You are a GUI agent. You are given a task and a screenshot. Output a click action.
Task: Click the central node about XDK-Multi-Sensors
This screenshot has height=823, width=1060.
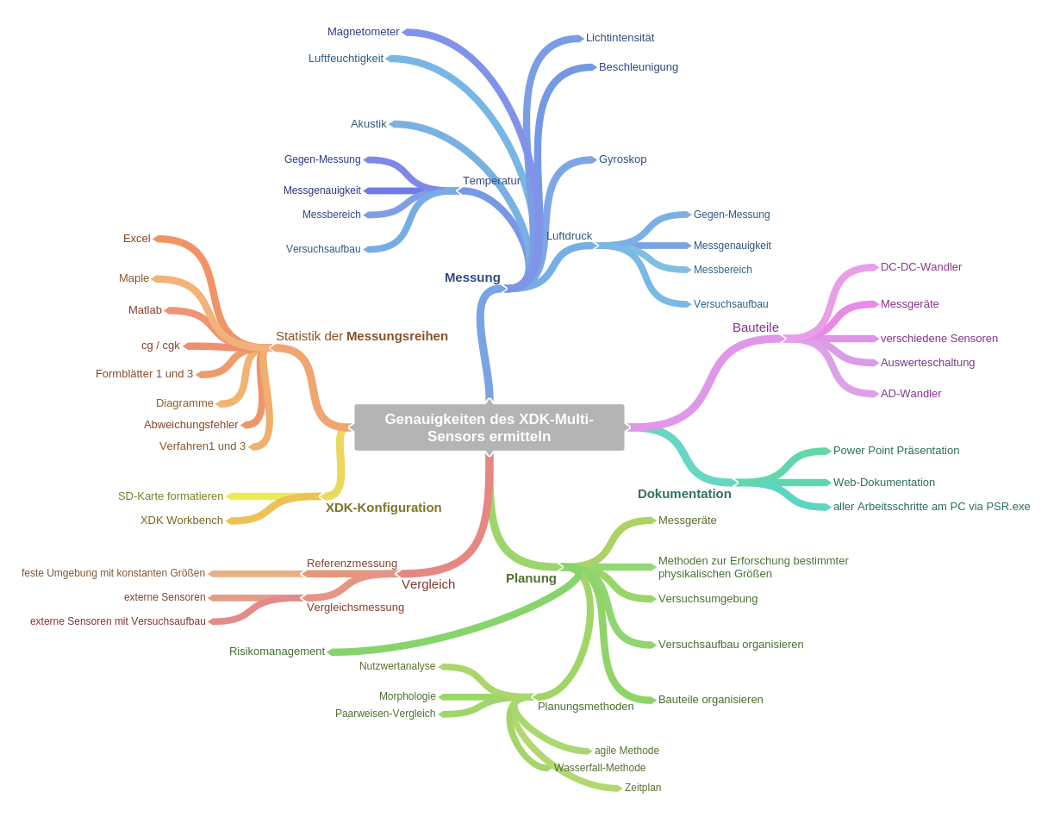(489, 427)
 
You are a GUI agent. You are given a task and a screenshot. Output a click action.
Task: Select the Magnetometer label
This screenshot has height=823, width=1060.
(363, 32)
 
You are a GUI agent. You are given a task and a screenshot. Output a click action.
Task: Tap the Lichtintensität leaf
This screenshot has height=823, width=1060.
(620, 38)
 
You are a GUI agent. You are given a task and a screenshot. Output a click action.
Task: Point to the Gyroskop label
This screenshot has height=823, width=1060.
(622, 159)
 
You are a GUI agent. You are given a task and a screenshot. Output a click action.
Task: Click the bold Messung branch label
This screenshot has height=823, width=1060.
(472, 277)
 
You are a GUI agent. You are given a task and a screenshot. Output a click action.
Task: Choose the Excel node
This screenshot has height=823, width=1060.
(136, 239)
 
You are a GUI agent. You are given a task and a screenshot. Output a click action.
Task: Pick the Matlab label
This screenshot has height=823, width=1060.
(145, 310)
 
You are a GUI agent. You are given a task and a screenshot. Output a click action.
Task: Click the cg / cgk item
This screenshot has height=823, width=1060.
(160, 346)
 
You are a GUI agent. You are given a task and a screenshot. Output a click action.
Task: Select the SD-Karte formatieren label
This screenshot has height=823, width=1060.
(171, 496)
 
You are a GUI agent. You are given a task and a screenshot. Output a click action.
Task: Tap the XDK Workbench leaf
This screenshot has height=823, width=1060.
(182, 521)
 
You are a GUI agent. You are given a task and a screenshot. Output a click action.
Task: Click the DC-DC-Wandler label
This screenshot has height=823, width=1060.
(920, 267)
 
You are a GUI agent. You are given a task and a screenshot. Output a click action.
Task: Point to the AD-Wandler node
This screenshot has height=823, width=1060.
(910, 394)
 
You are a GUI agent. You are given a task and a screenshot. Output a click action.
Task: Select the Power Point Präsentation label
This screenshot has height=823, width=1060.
(895, 451)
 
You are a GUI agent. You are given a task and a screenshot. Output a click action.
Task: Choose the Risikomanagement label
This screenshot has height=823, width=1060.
(277, 652)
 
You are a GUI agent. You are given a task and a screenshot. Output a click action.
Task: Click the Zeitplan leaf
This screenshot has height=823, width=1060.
(643, 788)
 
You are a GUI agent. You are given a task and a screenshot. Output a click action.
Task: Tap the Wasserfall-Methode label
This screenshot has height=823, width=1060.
(600, 768)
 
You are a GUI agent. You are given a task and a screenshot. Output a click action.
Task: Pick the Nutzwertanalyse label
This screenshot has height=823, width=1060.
(397, 666)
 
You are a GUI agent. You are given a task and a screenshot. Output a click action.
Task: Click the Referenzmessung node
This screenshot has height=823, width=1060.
(352, 564)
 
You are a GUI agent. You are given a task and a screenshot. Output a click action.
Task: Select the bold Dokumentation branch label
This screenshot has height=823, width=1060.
(684, 494)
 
